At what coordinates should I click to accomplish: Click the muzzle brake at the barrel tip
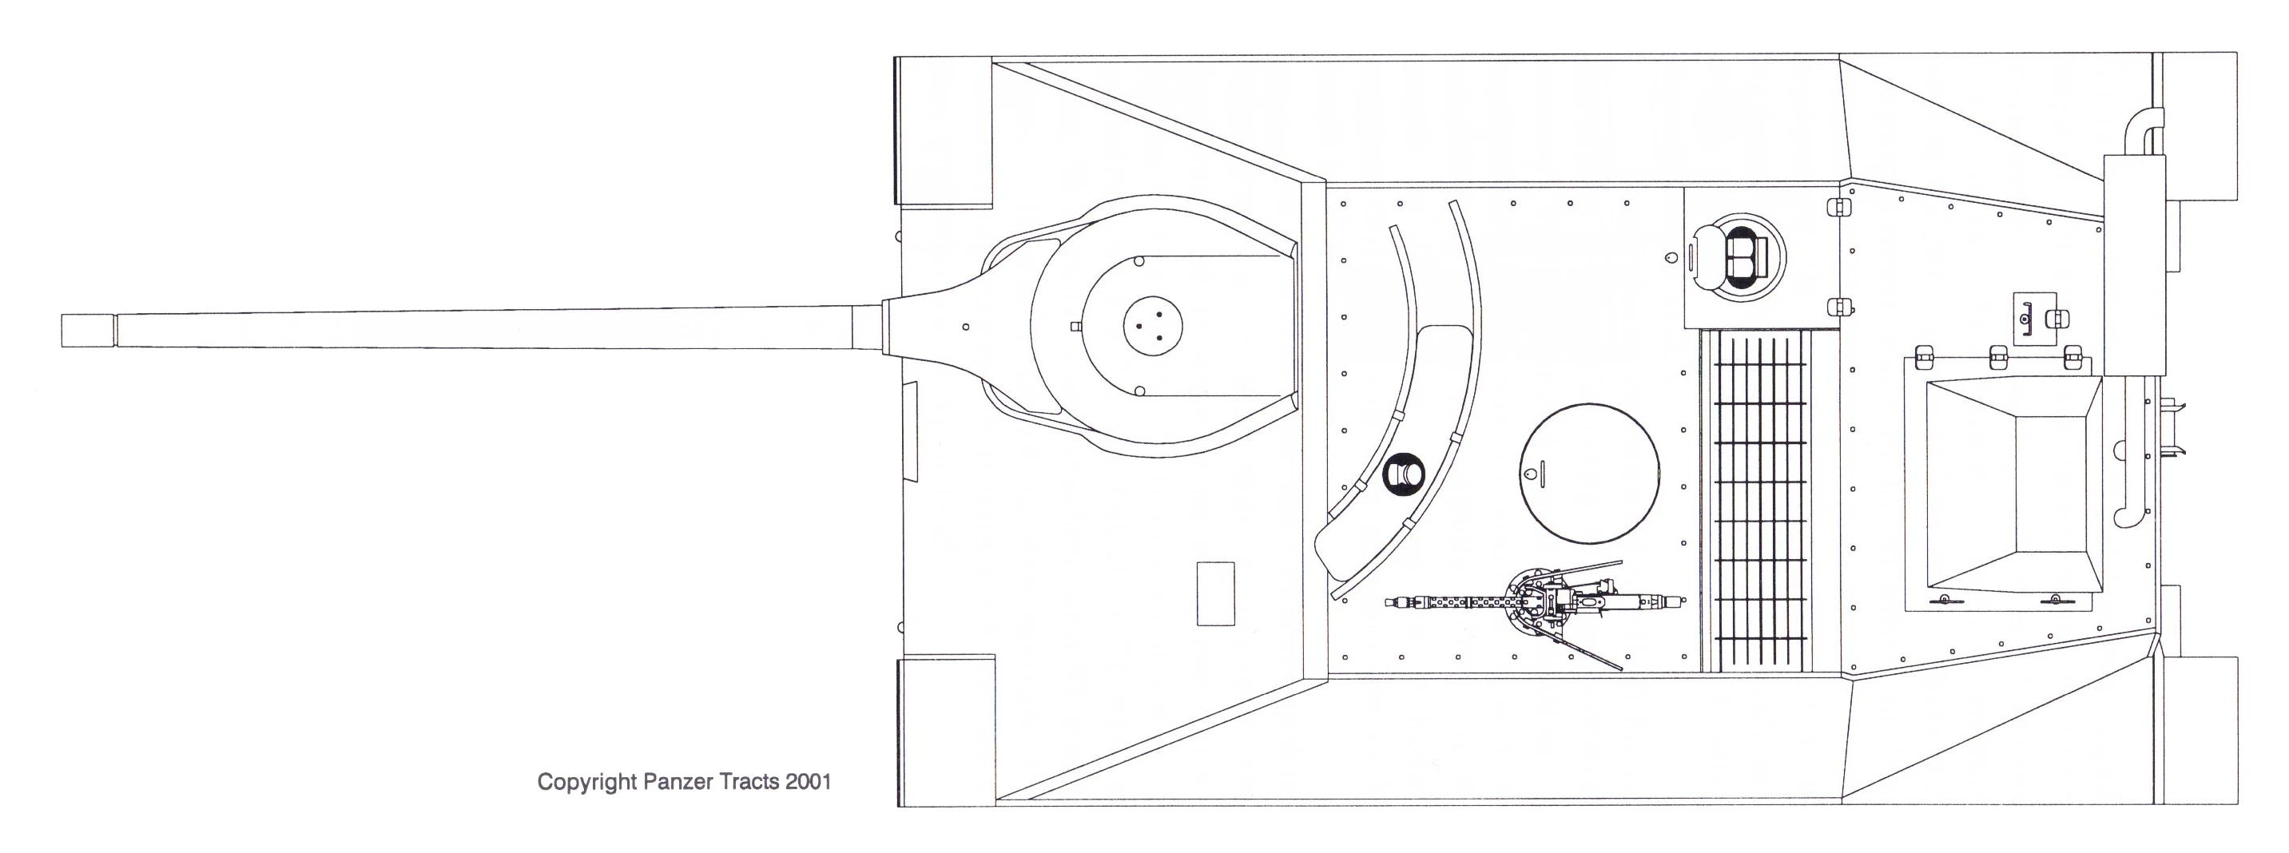(x=88, y=331)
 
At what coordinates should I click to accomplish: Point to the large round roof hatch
(x=1589, y=474)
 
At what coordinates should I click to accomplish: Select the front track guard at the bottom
(x=946, y=730)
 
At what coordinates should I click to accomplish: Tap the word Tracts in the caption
(x=751, y=782)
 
